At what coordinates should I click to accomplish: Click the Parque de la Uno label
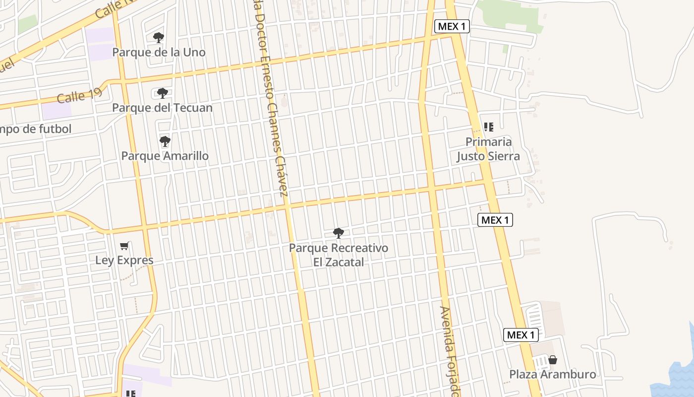[159, 52]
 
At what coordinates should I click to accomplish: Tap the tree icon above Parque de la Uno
[159, 38]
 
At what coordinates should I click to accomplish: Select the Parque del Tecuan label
[162, 108]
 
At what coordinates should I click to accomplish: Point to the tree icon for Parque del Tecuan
[162, 93]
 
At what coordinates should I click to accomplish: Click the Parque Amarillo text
[165, 156]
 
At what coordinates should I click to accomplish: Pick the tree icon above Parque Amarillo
[165, 142]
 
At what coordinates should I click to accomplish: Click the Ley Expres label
[124, 260]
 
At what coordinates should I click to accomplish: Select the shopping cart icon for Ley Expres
[125, 246]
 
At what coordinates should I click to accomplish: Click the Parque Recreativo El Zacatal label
[339, 255]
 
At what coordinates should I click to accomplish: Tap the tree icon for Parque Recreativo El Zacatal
[339, 233]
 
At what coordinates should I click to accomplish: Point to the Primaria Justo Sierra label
[488, 149]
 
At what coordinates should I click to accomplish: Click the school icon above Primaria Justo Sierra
[489, 127]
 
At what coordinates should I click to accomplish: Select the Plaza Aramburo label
[553, 374]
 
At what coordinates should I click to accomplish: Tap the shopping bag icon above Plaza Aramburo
[553, 360]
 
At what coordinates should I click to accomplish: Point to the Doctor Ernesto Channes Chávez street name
[270, 99]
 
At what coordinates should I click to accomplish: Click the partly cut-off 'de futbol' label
[35, 129]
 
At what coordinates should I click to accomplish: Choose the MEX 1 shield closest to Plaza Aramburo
[521, 335]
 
